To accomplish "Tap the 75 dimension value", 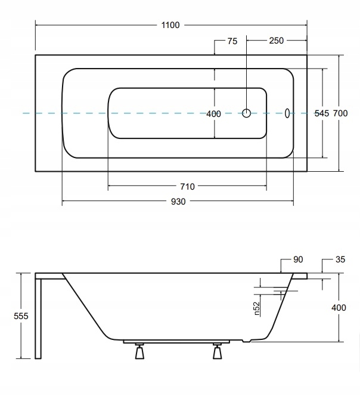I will (x=232, y=41).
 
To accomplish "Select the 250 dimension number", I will (x=276, y=41).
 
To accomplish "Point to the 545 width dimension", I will (x=322, y=113).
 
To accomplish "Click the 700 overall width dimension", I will (x=340, y=113).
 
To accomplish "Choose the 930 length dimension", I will (x=178, y=202).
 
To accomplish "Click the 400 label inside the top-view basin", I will (x=213, y=114).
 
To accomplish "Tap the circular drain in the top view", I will (x=247, y=113).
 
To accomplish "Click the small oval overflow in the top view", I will (x=287, y=113).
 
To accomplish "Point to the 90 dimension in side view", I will (x=299, y=259).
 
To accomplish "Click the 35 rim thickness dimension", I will (x=340, y=259).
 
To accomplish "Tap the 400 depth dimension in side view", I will (x=339, y=308).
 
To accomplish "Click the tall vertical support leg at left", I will (x=39, y=319).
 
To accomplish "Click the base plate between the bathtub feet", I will (x=179, y=342).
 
